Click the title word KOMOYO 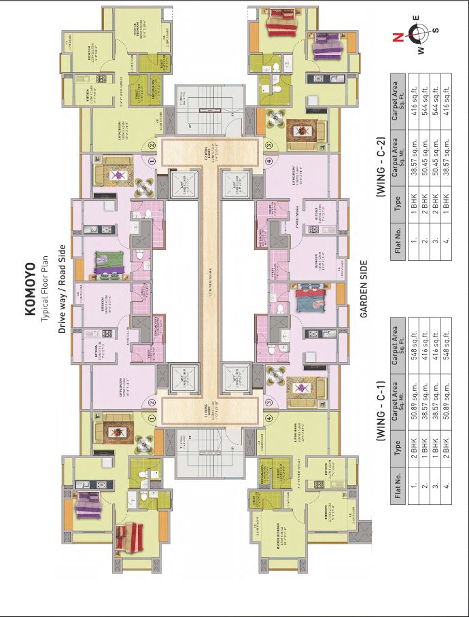click(x=30, y=288)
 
